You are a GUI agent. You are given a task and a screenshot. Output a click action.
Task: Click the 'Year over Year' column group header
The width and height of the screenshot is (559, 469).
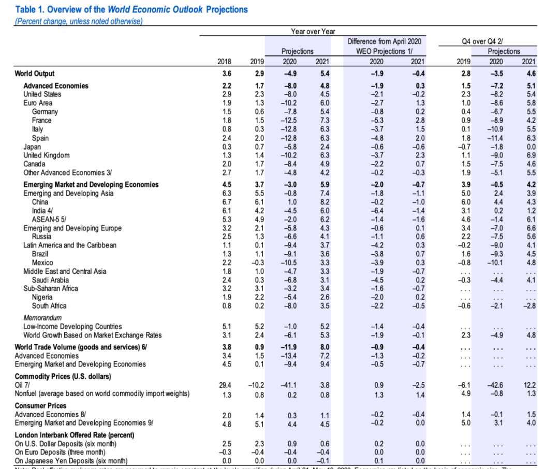pos(313,32)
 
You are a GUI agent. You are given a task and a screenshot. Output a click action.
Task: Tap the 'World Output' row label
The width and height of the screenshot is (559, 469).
pos(35,74)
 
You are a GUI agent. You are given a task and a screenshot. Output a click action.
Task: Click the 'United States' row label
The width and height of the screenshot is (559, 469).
pos(42,94)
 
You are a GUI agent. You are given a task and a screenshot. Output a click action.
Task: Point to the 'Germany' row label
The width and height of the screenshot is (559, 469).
pos(45,112)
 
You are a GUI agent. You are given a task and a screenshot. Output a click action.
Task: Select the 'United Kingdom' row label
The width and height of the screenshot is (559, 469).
pos(46,155)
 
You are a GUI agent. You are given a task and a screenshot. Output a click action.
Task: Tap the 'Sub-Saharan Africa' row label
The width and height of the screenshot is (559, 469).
pos(51,288)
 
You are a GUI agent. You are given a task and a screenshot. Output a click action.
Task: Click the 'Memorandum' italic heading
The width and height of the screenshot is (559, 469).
pos(42,317)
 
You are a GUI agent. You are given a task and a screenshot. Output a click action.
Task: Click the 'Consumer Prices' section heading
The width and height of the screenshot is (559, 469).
pos(40,406)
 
